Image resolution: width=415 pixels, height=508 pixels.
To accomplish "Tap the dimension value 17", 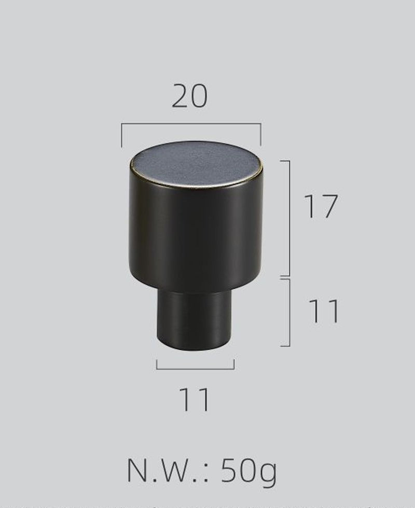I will point(321,206).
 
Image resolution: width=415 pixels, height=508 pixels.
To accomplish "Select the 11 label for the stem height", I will point(324,311).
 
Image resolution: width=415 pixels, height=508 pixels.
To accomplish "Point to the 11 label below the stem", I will point(195,400).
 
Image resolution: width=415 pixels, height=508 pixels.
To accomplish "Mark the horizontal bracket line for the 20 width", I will point(191,124).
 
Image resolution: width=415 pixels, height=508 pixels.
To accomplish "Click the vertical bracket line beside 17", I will point(289,218).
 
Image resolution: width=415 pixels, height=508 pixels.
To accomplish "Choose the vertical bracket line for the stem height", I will point(289,312).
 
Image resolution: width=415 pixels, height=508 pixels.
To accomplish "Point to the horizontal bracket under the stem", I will point(195,369).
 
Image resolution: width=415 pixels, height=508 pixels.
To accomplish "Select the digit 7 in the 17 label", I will point(329,206).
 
